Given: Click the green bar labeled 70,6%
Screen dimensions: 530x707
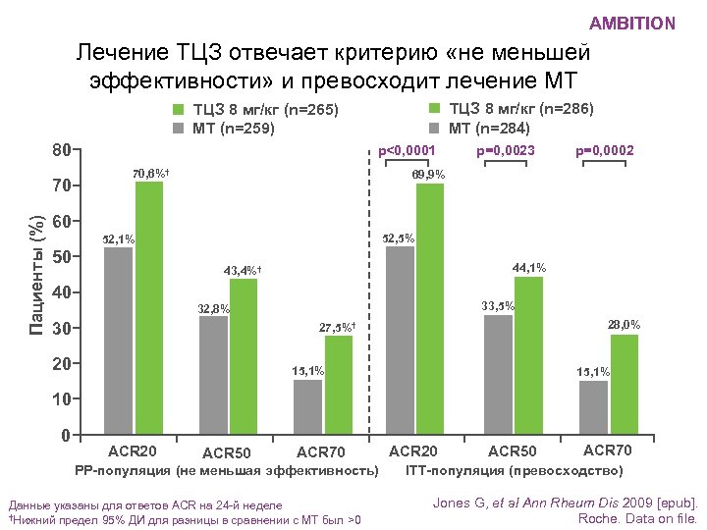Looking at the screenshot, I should click(x=149, y=307).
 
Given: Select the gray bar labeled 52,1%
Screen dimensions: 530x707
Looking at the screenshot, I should click(x=119, y=340).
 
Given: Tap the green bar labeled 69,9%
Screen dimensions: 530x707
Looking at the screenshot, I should click(x=430, y=308).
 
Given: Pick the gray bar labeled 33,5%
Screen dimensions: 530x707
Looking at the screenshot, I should click(x=498, y=374).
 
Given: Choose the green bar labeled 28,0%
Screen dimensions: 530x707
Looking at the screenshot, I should click(x=624, y=384).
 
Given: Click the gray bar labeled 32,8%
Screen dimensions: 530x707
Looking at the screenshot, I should click(x=214, y=374).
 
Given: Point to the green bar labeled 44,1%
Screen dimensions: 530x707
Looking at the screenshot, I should click(x=528, y=354).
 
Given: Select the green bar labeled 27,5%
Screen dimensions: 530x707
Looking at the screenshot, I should click(x=339, y=385).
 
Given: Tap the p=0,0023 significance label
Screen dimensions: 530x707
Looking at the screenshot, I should click(x=505, y=151).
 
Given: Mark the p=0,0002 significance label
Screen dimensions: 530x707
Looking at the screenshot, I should click(x=604, y=151).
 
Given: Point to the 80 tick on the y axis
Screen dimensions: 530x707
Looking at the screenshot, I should click(x=62, y=151).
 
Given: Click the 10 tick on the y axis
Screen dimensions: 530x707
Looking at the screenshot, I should click(x=62, y=399).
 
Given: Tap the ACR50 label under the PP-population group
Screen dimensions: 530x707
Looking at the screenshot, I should click(x=227, y=453).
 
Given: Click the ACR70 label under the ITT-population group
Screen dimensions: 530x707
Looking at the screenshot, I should click(x=608, y=450).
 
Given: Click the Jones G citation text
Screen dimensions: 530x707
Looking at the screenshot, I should click(x=564, y=503).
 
